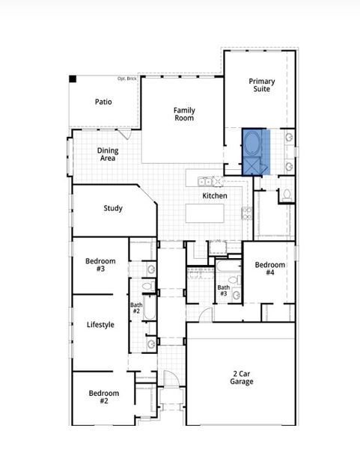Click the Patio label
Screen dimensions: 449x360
(x=103, y=102)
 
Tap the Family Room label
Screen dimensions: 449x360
(x=184, y=114)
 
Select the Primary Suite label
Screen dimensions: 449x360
(x=262, y=85)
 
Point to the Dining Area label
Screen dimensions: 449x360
(x=108, y=154)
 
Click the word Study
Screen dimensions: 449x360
(x=113, y=209)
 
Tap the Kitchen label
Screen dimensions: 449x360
(x=215, y=196)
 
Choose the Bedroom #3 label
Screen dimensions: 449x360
(x=100, y=264)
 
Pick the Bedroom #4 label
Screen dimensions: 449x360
(x=269, y=269)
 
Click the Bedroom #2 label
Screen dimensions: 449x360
(x=104, y=397)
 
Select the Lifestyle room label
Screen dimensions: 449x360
(x=100, y=325)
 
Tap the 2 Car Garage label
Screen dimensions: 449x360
(x=242, y=378)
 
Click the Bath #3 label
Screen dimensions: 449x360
(x=223, y=290)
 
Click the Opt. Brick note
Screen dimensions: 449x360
(x=127, y=79)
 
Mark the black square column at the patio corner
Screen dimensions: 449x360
(x=73, y=79)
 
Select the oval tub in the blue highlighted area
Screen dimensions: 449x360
(x=253, y=142)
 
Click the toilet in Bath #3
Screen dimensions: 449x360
(x=233, y=280)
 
